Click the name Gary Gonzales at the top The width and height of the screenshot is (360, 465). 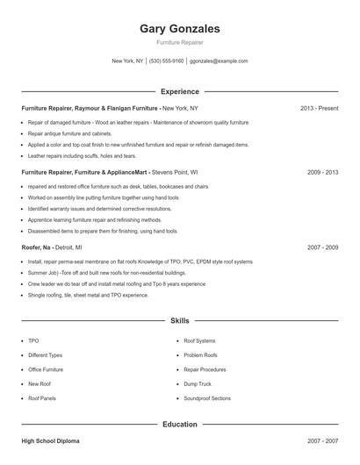tap(180, 29)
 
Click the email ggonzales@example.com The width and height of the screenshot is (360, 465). tap(219, 61)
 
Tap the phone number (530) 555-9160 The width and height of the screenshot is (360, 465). tap(166, 61)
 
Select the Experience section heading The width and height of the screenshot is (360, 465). tap(180, 91)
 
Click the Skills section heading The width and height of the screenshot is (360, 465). tap(180, 322)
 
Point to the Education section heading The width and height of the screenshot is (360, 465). tap(180, 425)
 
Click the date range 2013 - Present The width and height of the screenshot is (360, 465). tap(319, 108)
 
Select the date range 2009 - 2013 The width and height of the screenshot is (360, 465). tap(323, 173)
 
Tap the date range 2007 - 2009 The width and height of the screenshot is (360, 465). tap(323, 248)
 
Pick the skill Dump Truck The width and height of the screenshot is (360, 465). tap(198, 383)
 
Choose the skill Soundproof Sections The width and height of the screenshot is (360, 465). tap(207, 398)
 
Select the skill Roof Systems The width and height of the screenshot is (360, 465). tap(199, 340)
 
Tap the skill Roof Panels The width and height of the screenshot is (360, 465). tap(42, 398)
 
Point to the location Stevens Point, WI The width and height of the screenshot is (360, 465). tap(175, 173)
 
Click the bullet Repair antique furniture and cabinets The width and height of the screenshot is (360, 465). tap(69, 133)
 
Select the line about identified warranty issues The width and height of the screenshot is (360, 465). tap(87, 209)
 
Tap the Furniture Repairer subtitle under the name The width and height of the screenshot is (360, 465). tap(180, 43)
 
